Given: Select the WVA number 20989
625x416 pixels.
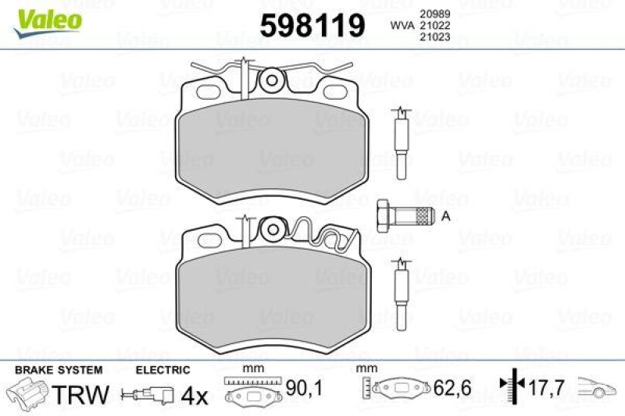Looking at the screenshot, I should [x=435, y=13].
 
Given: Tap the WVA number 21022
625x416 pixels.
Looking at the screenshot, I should [x=435, y=25].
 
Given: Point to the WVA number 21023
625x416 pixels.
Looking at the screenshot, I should [x=435, y=37].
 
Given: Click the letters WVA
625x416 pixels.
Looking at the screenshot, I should [x=403, y=25].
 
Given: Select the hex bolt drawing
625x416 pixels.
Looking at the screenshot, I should [x=403, y=215].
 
